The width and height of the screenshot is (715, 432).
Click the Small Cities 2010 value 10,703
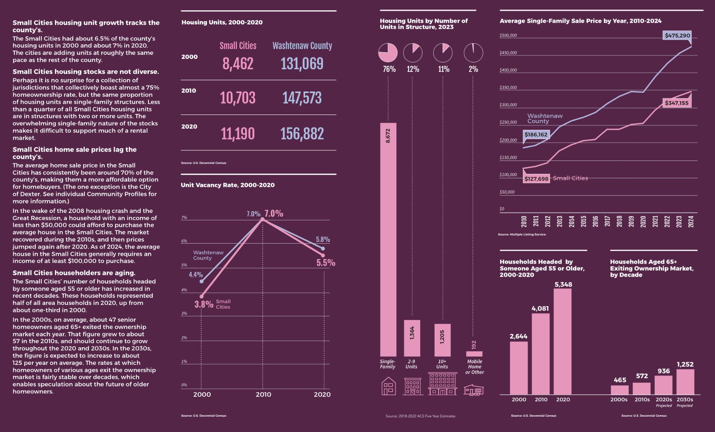point(237,98)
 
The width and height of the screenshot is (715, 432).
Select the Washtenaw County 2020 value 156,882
point(302,134)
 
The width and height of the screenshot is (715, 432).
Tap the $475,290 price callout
point(677,35)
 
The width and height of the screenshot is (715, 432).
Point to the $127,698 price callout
point(536,179)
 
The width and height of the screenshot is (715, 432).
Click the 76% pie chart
point(388,53)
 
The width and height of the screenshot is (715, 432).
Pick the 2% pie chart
point(473,53)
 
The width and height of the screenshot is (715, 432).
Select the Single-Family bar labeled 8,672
point(388,239)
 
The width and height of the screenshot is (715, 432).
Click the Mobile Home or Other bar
point(474,354)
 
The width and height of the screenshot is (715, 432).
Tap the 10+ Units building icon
point(442,384)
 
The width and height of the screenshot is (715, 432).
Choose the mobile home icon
point(474,390)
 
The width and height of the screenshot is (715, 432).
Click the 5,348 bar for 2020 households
point(563,341)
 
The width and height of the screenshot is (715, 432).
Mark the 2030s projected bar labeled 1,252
point(685,382)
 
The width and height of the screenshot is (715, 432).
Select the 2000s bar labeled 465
point(619,390)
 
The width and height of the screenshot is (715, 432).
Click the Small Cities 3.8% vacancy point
point(201,296)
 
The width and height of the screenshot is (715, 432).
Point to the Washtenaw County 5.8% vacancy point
point(323,248)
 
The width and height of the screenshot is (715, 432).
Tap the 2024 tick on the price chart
point(691,222)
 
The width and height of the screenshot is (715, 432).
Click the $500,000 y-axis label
point(508,35)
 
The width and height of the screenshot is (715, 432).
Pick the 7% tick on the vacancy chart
point(184,218)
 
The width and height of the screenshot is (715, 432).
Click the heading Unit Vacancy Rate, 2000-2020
point(228,185)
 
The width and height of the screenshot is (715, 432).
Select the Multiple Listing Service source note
point(522,234)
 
